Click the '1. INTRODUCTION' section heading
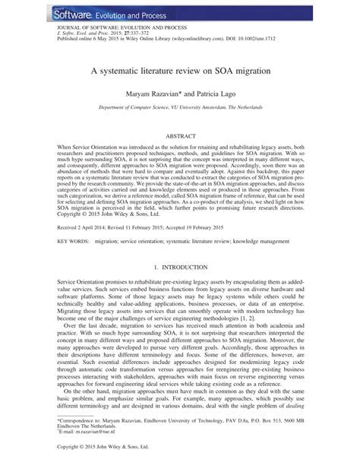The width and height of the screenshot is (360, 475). click(179, 268)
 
